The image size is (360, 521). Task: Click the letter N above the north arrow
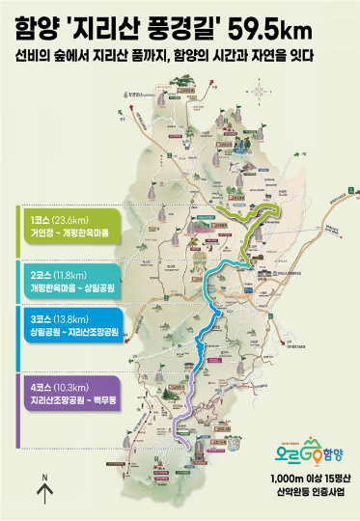(43, 478)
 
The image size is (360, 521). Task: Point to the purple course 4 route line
(187, 405)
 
